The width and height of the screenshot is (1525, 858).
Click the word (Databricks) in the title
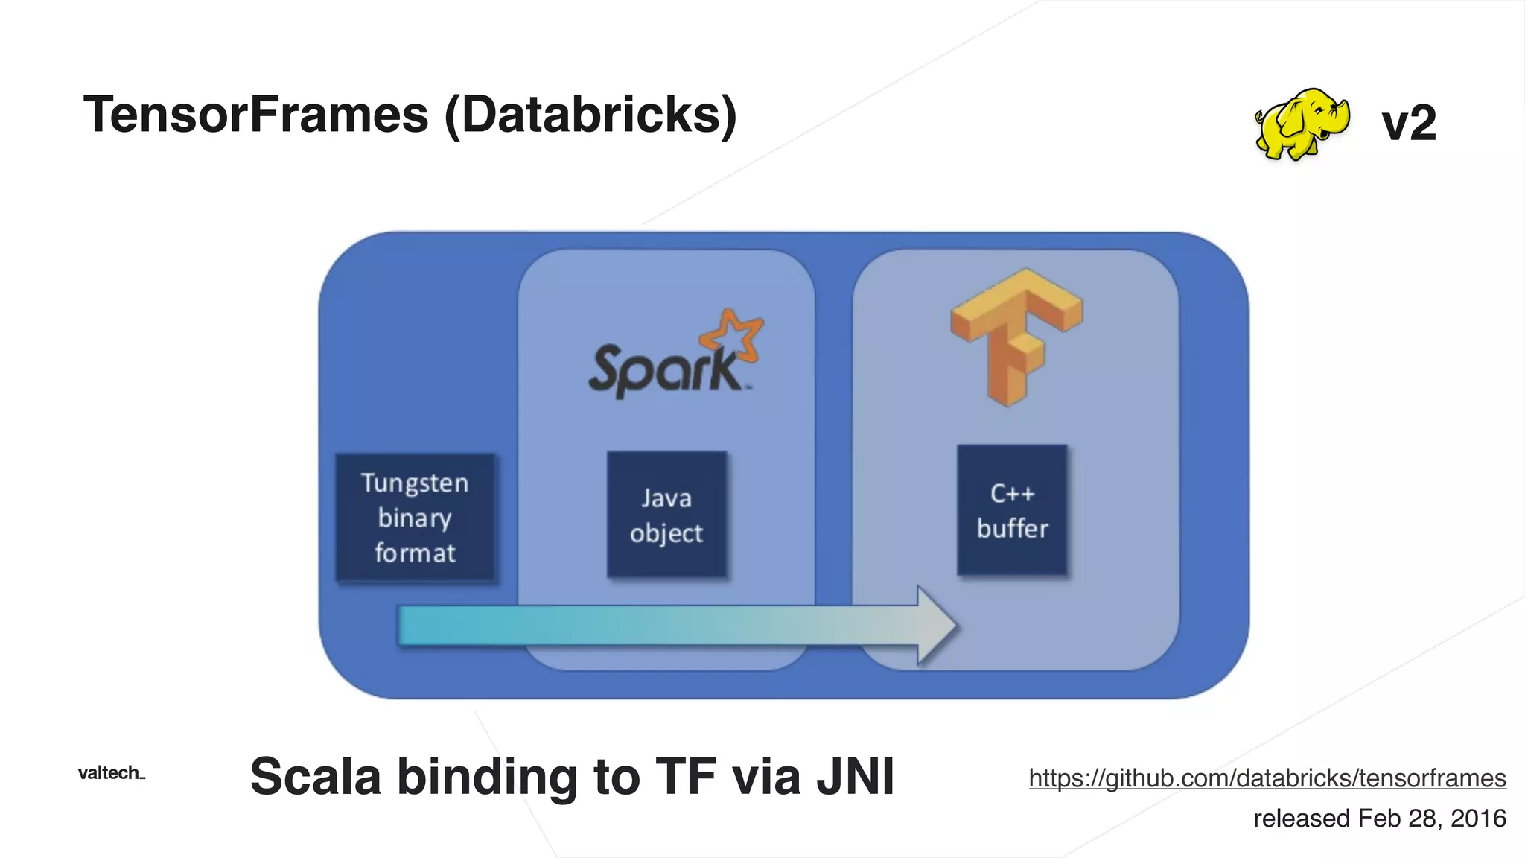590,115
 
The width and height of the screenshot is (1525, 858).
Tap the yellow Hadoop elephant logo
1301,124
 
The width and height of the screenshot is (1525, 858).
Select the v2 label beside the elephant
1408,123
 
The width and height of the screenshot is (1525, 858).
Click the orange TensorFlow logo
1016,335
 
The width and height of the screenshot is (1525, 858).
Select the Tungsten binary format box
415,517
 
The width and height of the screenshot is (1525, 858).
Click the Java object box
666,514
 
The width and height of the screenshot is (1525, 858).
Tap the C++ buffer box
1012,510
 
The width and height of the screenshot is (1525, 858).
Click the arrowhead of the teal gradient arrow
935,626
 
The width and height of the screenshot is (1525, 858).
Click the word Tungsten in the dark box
415,483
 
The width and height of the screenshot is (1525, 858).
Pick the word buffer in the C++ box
1012,528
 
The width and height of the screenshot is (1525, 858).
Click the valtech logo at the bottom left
111,773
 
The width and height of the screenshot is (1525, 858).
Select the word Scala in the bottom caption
315,777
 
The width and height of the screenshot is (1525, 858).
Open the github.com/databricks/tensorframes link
1267,778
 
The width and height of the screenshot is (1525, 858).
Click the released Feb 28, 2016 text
1379,818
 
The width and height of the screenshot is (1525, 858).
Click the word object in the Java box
666,533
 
